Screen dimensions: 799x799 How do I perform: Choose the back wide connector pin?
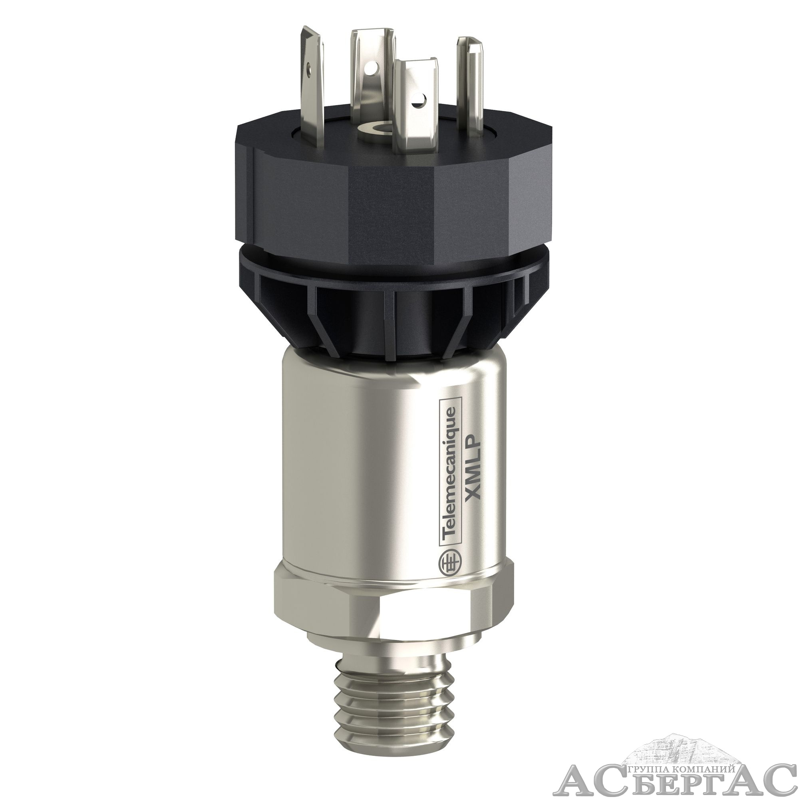tap(372, 70)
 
